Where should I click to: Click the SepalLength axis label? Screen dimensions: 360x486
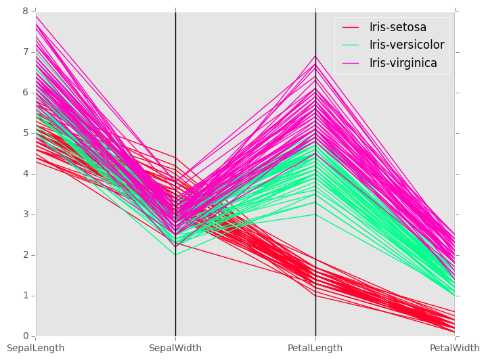pos(35,348)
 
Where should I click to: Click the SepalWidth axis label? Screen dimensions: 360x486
pos(175,348)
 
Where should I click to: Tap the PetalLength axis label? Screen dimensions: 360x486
pos(315,348)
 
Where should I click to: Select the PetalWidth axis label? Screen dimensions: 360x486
pos(457,348)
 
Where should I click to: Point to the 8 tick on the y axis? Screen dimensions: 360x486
pos(25,12)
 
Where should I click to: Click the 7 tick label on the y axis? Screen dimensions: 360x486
pos(25,52)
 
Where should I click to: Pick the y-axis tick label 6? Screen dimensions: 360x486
pos(25,93)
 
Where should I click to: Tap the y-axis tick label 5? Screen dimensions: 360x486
pos(25,133)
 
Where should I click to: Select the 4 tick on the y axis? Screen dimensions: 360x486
pos(25,174)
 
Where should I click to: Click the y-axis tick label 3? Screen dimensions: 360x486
pos(25,215)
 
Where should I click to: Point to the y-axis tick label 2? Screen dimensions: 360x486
pos(25,255)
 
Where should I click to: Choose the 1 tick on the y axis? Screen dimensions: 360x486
pos(25,296)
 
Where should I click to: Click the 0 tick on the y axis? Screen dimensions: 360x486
pos(25,336)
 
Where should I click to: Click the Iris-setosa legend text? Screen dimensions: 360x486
pos(397,28)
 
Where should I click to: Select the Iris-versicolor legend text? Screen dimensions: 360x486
pos(406,45)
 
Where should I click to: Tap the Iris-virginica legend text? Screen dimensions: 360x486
pos(403,63)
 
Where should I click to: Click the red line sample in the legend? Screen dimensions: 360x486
pos(351,28)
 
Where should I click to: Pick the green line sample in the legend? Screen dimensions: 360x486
pos(351,45)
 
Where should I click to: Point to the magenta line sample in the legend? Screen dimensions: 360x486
pos(351,63)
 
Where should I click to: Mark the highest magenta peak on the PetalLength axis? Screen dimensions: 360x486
pos(315,56)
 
